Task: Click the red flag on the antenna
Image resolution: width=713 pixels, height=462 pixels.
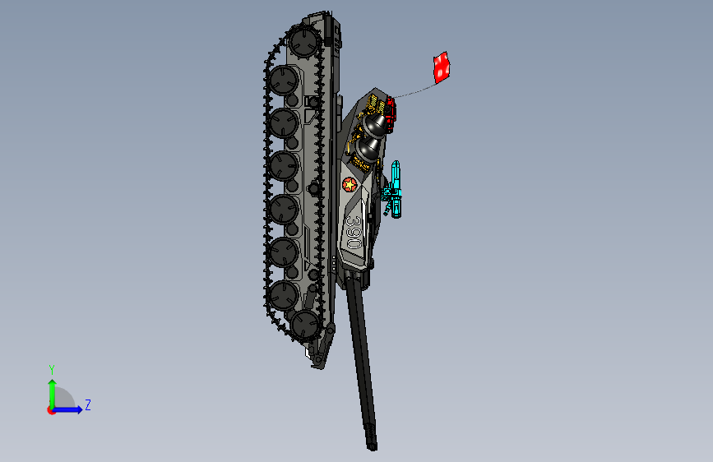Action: point(442,68)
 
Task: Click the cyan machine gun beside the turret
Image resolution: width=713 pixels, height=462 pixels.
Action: point(397,190)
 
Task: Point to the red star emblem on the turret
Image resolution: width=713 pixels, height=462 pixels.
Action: point(350,184)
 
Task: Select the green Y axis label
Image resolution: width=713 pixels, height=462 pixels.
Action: point(51,370)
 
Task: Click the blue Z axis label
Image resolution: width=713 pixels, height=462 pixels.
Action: point(87,405)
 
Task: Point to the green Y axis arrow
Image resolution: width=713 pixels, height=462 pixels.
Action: point(52,390)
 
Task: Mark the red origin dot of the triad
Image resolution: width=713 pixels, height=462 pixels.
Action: point(52,409)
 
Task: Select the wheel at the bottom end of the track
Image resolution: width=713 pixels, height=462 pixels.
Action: point(306,326)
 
